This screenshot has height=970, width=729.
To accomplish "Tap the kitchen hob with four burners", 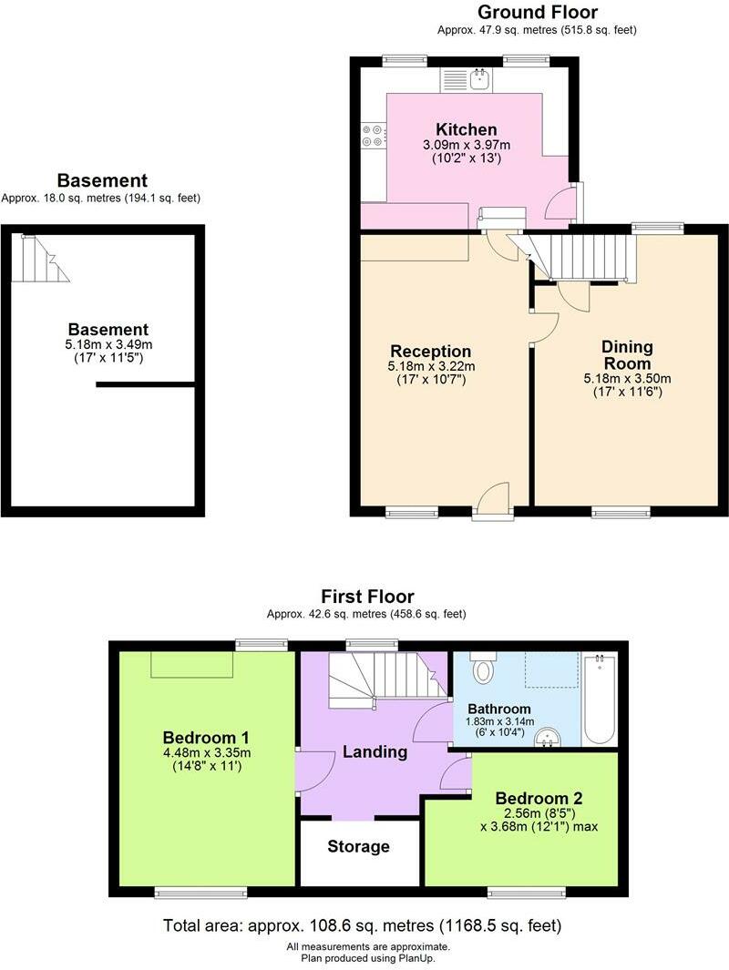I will (373, 136).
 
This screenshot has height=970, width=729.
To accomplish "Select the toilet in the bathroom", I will (483, 672).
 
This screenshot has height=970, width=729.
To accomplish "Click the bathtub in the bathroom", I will (599, 699).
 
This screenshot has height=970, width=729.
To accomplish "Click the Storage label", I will (358, 846).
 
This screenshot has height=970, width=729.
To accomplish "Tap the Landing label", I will (375, 751).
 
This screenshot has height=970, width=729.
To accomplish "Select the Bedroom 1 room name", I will (206, 737).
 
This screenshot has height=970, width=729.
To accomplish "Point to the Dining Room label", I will (627, 355).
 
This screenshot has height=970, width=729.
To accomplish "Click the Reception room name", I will (430, 352).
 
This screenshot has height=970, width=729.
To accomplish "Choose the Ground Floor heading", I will (538, 12).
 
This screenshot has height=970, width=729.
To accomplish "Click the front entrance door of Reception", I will (493, 502).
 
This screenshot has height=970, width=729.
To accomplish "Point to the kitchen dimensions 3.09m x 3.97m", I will (466, 146).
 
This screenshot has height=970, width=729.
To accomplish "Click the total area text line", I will (362, 926).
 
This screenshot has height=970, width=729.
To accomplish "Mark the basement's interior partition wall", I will (146, 385).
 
